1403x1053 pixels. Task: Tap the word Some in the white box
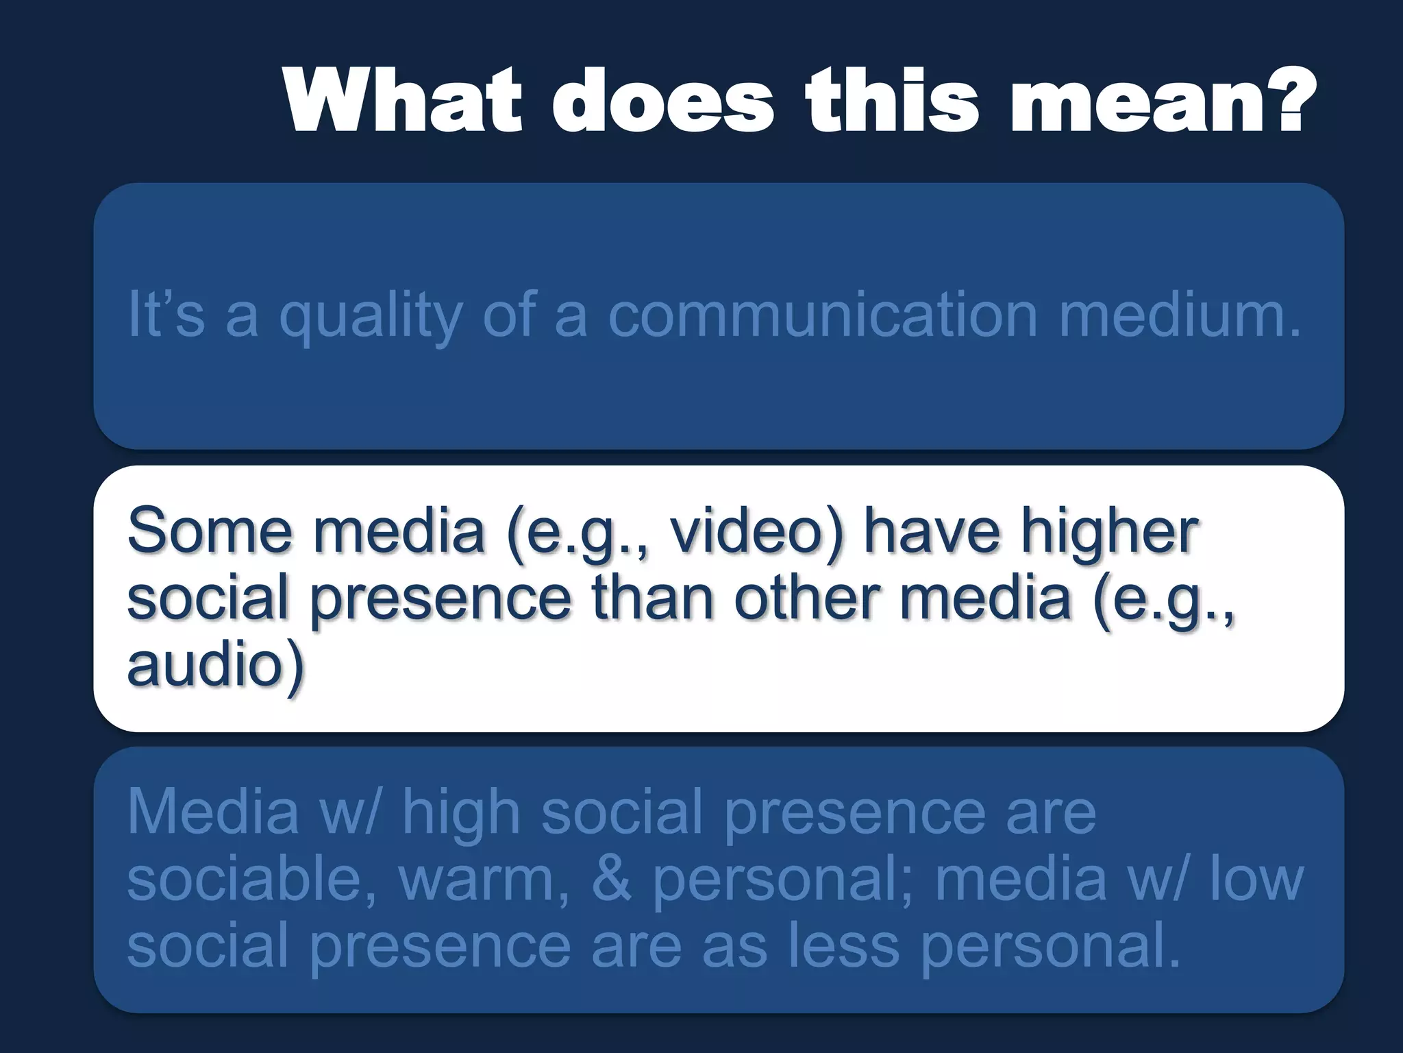pyautogui.click(x=210, y=531)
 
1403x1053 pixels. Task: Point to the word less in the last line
pyautogui.click(x=843, y=945)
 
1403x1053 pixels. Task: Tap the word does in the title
pyautogui.click(x=664, y=101)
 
